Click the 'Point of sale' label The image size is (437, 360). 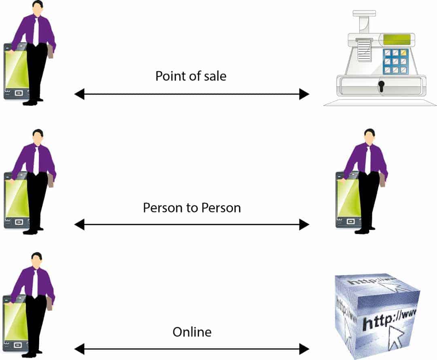(x=191, y=76)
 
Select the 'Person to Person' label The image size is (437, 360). (x=192, y=208)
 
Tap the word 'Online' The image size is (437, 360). (x=192, y=332)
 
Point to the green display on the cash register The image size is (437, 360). (x=397, y=40)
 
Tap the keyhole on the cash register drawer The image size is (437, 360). (x=381, y=85)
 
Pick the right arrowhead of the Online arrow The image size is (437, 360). (x=304, y=348)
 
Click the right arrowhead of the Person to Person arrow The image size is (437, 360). (x=304, y=224)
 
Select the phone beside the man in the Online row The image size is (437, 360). (x=15, y=322)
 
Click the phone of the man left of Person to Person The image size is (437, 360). (x=15, y=200)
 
